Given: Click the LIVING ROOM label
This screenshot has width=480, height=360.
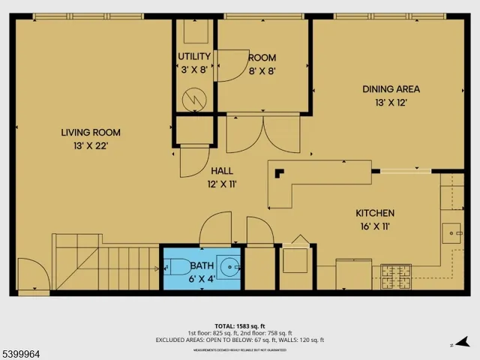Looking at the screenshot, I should pos(90,133).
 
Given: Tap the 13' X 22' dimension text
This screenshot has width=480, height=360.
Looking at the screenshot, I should pos(90,146).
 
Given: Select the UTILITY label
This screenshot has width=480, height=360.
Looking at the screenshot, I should pos(193,57).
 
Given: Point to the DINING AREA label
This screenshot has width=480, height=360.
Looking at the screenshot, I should pos(391,88).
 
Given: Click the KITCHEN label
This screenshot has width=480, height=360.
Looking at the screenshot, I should pos(374,213).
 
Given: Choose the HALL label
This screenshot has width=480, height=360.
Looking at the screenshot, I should pos(222,170).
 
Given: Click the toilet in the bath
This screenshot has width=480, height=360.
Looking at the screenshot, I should pos(178,266).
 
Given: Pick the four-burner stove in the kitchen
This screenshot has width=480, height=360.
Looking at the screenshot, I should pos(397,277).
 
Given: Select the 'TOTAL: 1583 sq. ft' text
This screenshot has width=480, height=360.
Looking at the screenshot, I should pos(240,325).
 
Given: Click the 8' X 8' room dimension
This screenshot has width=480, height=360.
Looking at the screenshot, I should pos(262,70).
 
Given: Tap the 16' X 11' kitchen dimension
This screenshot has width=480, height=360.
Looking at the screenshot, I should pos(374,226).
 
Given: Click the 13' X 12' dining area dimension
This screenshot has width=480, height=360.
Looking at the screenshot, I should pos(391,102).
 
